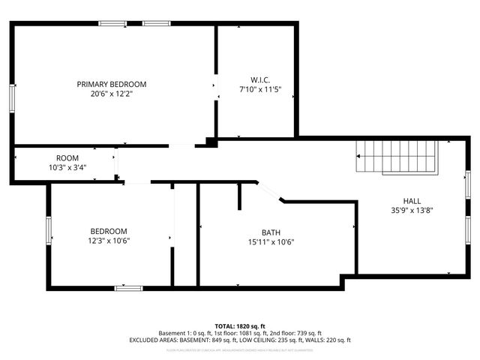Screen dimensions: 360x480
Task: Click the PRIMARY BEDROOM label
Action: click(112, 84)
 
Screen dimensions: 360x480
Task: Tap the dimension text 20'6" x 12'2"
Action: click(112, 94)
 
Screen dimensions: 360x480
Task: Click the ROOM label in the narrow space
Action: click(67, 157)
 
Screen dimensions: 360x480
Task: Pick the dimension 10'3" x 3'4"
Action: click(67, 167)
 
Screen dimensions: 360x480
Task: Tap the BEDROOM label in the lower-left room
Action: click(109, 231)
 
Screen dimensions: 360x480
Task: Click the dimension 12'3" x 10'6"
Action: click(109, 241)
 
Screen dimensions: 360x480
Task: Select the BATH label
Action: click(271, 232)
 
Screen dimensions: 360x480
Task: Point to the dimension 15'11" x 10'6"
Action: click(271, 242)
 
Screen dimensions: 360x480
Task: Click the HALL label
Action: click(412, 201)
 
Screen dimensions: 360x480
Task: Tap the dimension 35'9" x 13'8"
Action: click(412, 211)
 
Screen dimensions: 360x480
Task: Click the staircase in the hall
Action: click(396, 156)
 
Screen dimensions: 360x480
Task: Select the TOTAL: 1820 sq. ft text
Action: click(240, 326)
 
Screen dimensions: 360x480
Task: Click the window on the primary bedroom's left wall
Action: click(12, 98)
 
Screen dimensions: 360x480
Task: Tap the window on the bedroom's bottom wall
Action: click(128, 287)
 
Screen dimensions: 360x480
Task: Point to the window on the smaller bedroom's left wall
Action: click(49, 229)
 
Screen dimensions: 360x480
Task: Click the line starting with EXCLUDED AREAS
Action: click(240, 340)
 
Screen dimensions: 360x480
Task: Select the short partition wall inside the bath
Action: click(239, 195)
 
